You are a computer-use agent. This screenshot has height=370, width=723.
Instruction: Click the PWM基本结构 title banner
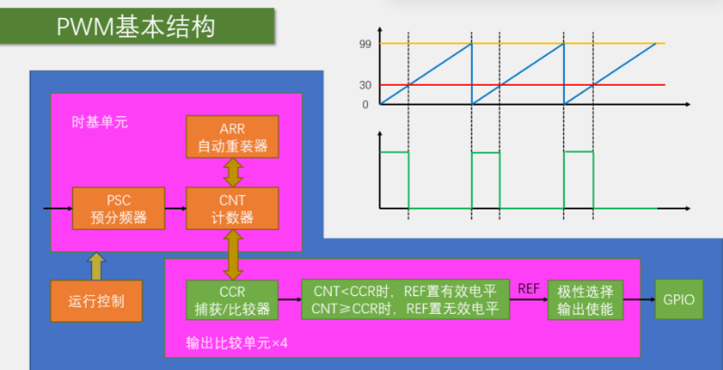pos(136,26)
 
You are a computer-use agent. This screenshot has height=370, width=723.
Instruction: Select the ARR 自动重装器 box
pos(231,136)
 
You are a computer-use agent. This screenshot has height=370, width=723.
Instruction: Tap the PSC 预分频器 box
pos(119,208)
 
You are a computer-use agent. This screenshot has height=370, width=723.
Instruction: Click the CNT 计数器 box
pos(231,208)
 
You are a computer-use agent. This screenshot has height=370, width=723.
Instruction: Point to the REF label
pos(529,289)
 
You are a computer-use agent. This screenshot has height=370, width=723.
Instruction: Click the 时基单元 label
pos(99,122)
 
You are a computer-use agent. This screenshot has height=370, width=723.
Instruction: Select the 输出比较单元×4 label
pos(236,343)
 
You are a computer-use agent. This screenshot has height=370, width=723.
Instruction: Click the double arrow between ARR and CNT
pos(232,172)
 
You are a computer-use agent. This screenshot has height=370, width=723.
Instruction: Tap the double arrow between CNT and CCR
pos(232,254)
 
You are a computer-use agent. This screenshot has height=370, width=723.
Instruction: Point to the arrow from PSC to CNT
pos(175,208)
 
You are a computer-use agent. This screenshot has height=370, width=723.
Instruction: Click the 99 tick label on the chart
pos(364,44)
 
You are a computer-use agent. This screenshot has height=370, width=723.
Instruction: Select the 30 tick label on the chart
pos(364,86)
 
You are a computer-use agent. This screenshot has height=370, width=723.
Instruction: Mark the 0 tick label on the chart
pos(366,105)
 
